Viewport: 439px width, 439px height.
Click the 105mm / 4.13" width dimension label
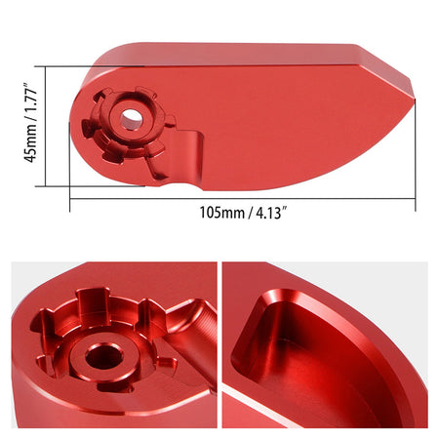click(x=244, y=213)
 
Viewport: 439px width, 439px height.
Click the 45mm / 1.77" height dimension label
click(x=30, y=123)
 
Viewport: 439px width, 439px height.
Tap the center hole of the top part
click(x=131, y=118)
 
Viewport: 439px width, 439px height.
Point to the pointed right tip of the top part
click(x=415, y=98)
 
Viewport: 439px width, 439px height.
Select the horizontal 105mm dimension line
click(x=243, y=199)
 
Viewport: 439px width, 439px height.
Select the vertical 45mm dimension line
click(x=46, y=126)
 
